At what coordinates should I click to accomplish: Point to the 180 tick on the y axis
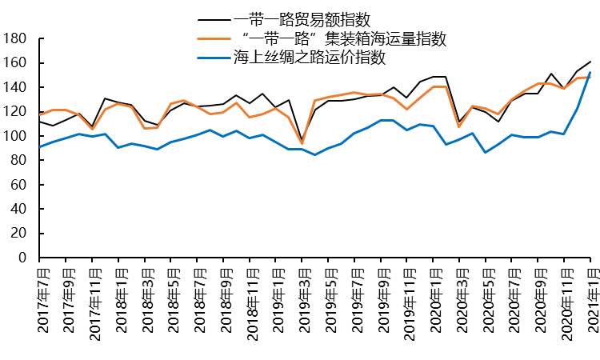(15, 38)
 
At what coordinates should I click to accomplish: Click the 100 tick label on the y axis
(15, 136)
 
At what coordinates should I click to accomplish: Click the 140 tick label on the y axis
(15, 87)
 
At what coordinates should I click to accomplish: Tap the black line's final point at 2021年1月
(590, 62)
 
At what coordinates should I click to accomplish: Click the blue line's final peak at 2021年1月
(590, 73)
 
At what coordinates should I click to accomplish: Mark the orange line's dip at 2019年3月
(302, 143)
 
